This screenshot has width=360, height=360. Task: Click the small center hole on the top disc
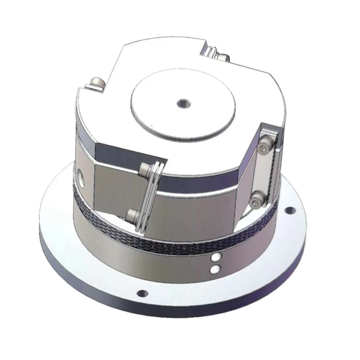pyautogui.click(x=183, y=103)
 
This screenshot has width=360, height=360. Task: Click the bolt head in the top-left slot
pyautogui.click(x=96, y=83)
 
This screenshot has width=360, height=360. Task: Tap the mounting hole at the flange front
pyautogui.click(x=142, y=293)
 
